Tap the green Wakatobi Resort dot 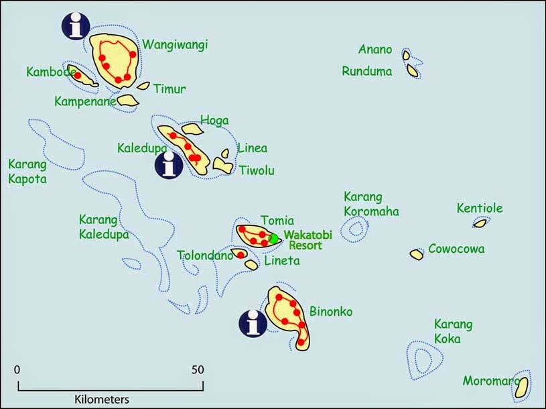tap(273, 238)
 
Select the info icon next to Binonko tap(253, 324)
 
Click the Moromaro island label tap(490, 381)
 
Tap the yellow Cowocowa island tap(416, 255)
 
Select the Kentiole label tap(479, 209)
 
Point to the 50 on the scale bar tap(197, 369)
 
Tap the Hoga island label tap(214, 121)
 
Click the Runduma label tap(366, 71)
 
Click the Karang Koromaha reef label tap(370, 204)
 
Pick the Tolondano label tap(205, 255)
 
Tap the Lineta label tap(282, 261)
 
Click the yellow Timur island tap(144, 86)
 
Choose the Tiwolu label tap(257, 170)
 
